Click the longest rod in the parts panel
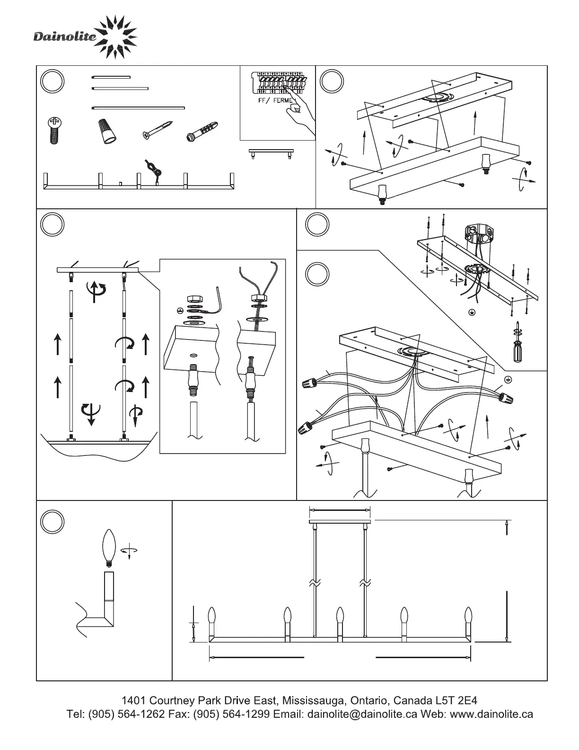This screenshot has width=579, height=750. click(138, 108)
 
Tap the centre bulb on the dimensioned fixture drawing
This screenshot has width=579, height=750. click(339, 616)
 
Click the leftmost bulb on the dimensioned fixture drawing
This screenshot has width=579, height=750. click(212, 616)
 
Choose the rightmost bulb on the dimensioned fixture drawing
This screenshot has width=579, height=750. click(468, 616)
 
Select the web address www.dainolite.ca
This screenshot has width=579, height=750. click(491, 714)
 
